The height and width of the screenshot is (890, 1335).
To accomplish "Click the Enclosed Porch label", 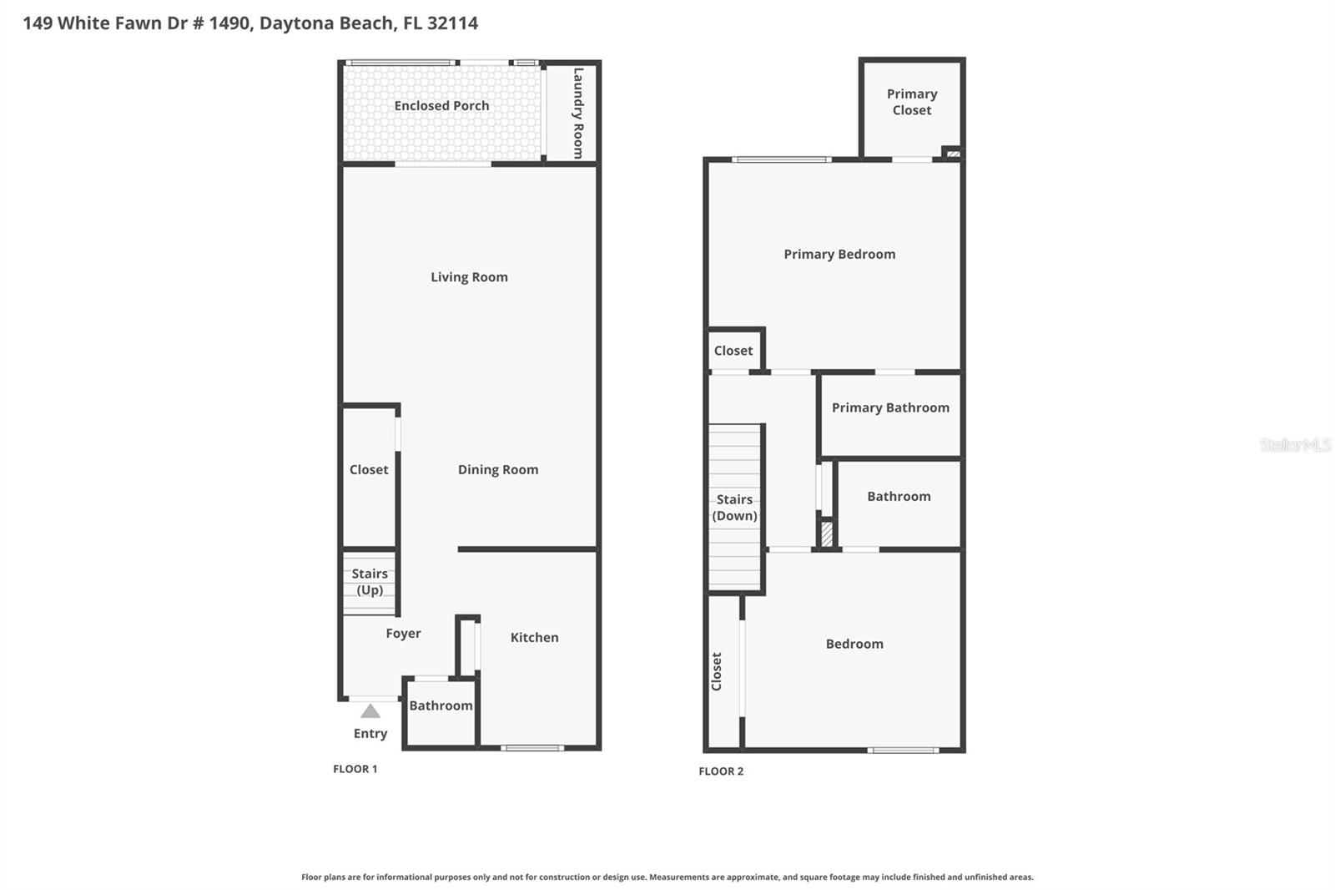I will pyautogui.click(x=441, y=106).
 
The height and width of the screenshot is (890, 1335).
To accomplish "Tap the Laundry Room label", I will pyautogui.click(x=577, y=113).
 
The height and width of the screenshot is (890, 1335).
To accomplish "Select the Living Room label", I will pyautogui.click(x=469, y=277).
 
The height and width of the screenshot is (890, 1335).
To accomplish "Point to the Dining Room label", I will pyautogui.click(x=498, y=470).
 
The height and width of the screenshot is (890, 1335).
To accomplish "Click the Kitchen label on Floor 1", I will pyautogui.click(x=534, y=638).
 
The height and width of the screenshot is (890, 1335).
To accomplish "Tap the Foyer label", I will pyautogui.click(x=403, y=634).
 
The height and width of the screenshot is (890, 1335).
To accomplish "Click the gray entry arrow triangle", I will pyautogui.click(x=370, y=711).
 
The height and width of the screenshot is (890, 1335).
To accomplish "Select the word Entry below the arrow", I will pyautogui.click(x=370, y=734).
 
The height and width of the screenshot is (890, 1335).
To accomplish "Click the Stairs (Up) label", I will pyautogui.click(x=370, y=582).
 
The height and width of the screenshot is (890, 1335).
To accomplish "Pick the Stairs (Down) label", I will pyautogui.click(x=735, y=508).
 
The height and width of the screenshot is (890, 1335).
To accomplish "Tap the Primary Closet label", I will pyautogui.click(x=912, y=102).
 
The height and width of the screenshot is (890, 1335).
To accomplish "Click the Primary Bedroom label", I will pyautogui.click(x=839, y=255).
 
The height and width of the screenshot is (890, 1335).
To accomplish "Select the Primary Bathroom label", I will pyautogui.click(x=890, y=408).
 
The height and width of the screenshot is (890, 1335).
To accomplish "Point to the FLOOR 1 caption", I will pyautogui.click(x=355, y=769).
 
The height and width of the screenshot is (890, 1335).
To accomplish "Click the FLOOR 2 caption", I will pyautogui.click(x=721, y=771).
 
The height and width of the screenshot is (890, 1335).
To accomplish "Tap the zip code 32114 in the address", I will pyautogui.click(x=452, y=23).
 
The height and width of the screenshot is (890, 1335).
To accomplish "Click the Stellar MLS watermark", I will pyautogui.click(x=1296, y=445).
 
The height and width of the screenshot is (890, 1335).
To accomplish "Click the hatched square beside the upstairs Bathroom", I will pyautogui.click(x=827, y=533).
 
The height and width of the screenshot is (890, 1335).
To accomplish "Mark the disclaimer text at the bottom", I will pyautogui.click(x=667, y=877).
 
